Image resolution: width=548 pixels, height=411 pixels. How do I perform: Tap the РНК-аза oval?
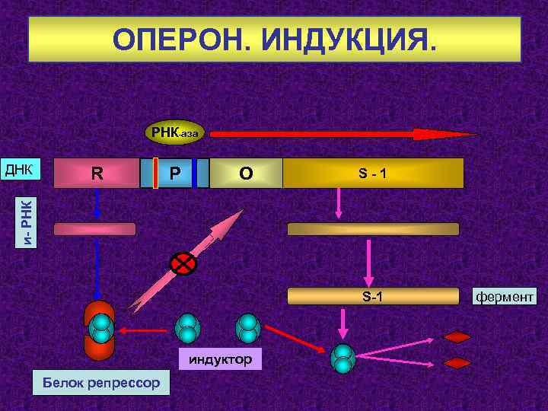tap(174, 133)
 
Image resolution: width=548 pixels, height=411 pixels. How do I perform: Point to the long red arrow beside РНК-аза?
tap(342, 134)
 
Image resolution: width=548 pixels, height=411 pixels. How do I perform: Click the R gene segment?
tap(97, 173)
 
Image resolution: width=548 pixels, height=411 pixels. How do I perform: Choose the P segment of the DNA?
tap(175, 173)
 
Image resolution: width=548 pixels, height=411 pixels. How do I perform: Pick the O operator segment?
tap(245, 173)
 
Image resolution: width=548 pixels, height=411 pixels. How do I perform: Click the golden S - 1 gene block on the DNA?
tap(373, 173)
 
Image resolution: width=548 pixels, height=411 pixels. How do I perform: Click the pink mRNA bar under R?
tap(94, 228)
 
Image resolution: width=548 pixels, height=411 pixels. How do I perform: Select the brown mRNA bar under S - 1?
tap(373, 228)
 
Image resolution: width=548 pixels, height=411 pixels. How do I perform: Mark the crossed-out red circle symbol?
tap(183, 263)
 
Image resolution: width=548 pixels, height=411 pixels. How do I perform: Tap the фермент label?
tap(505, 296)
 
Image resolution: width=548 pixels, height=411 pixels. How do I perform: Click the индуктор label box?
tap(221, 358)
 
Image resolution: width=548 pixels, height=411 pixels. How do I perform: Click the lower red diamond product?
tap(457, 363)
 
